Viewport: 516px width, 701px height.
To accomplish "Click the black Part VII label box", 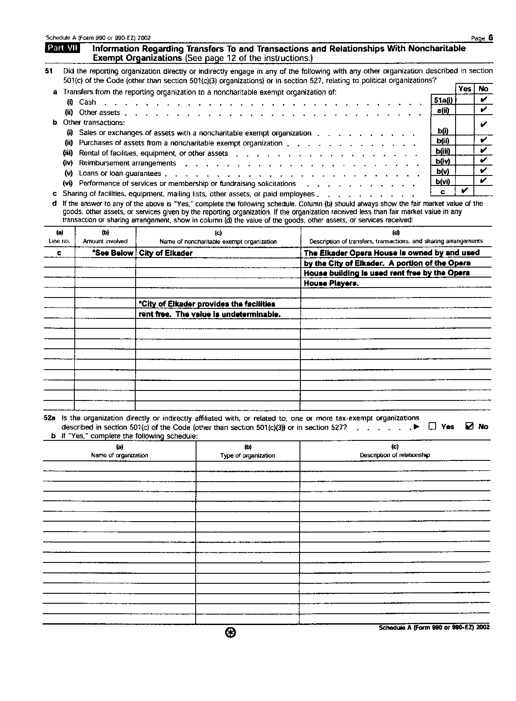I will coord(62,48).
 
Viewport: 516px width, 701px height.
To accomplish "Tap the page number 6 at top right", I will coord(490,38).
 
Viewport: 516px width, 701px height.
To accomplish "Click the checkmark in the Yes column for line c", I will coord(464,191).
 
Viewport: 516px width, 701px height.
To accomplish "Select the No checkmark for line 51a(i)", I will coord(483,100).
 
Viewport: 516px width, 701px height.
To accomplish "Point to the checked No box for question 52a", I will coord(469,427).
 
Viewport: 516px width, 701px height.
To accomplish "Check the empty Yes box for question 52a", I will coord(432,427).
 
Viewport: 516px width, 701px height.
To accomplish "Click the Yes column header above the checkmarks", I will coord(464,89).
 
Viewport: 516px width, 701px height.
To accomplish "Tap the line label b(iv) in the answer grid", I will coord(443,162).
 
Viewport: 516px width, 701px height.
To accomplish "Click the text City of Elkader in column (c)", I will coord(166,253).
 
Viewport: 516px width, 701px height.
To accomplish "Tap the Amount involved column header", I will coord(105,241).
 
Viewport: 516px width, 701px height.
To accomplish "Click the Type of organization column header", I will coord(247,456).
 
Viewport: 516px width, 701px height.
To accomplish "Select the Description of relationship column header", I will coord(395,455).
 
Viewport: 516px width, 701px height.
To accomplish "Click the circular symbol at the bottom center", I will coord(231,634).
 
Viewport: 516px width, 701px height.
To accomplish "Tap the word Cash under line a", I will coord(87,102).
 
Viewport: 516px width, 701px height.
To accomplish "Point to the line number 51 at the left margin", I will coord(49,71).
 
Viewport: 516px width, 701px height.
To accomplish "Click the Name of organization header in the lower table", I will coord(119,456).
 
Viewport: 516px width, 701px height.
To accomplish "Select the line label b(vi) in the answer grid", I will coord(443,182).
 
